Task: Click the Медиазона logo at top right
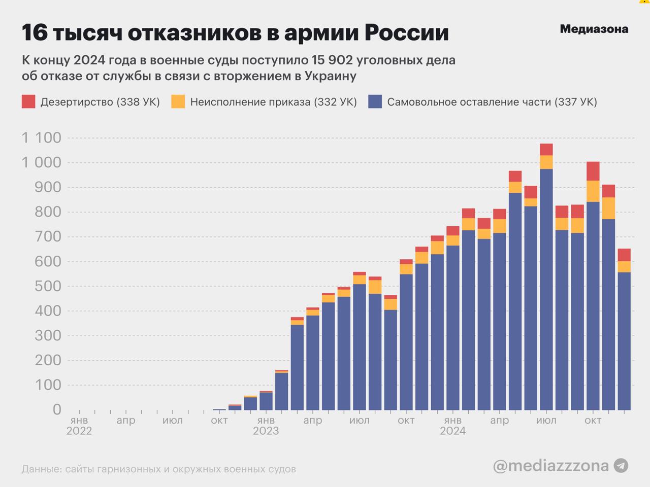(x=594, y=29)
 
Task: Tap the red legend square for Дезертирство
(x=28, y=101)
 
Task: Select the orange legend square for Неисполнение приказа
(x=178, y=101)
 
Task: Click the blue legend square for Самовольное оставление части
(x=375, y=101)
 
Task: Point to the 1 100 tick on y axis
(x=41, y=137)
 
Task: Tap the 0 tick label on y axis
(x=56, y=409)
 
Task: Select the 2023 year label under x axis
(x=266, y=431)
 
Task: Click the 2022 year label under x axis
(x=79, y=431)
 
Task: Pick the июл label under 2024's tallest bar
(x=546, y=421)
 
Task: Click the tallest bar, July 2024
(x=546, y=289)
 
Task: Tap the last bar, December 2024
(x=624, y=345)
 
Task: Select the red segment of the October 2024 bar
(x=593, y=171)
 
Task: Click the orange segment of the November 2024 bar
(x=608, y=208)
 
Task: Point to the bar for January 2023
(x=266, y=401)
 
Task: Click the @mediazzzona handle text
(x=550, y=465)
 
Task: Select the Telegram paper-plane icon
(x=621, y=465)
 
